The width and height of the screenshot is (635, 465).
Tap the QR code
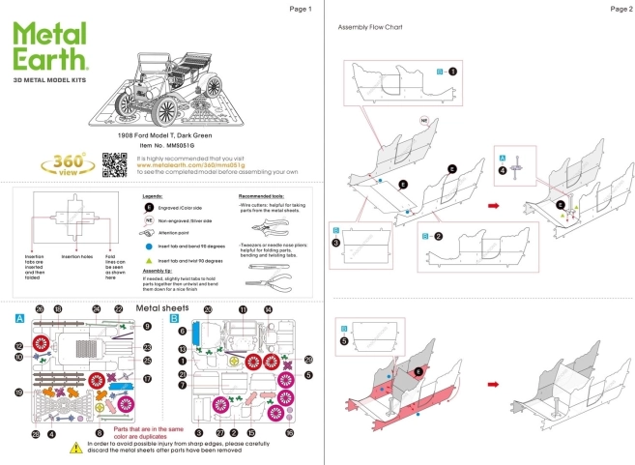116,164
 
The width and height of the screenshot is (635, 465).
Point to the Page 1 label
301,8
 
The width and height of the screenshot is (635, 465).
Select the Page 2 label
620,8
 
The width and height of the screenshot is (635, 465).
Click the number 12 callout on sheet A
18,346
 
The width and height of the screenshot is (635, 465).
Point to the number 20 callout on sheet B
208,309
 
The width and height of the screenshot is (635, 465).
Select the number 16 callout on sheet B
290,433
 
